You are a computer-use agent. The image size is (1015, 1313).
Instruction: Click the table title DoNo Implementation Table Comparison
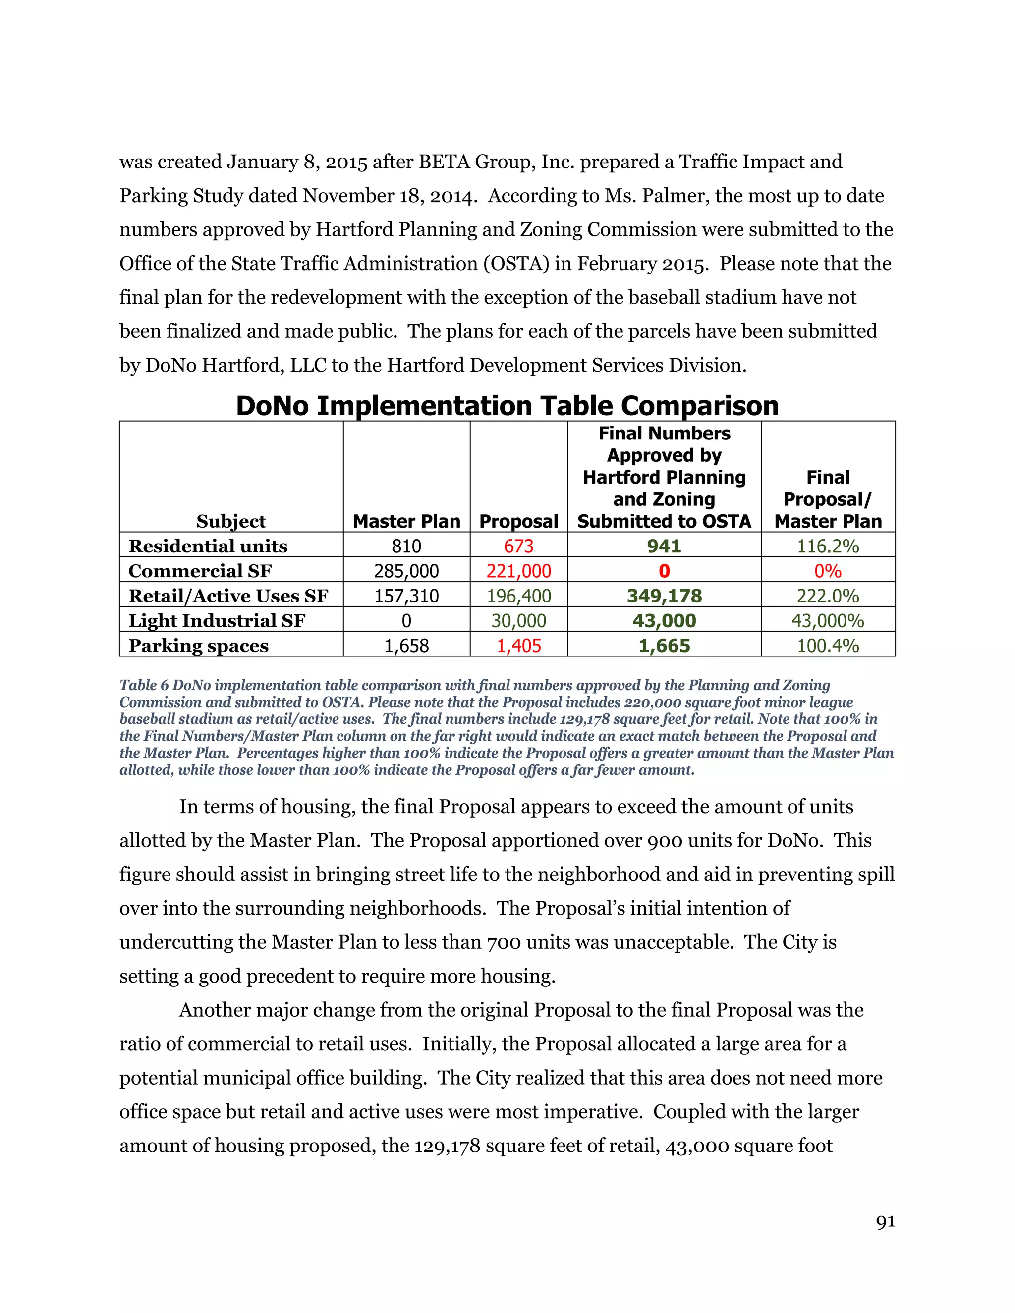[x=507, y=406]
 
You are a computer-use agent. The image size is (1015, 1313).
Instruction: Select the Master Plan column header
[x=406, y=521]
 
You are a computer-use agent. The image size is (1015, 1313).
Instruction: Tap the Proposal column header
[x=518, y=521]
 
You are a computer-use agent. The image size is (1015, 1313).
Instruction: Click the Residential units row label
[x=208, y=546]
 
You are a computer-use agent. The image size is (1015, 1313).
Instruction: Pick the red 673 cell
[x=518, y=546]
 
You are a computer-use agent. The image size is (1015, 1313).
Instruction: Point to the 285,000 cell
[x=406, y=571]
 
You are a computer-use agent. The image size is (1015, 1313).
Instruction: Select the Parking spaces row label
[x=198, y=646]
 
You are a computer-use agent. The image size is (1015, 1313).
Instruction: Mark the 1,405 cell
[x=518, y=646]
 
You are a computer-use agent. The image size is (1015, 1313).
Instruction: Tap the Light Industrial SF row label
[x=217, y=621]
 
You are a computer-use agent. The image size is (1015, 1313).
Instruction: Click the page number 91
[x=885, y=1222]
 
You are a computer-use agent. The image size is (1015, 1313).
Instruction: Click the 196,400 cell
[x=518, y=596]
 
